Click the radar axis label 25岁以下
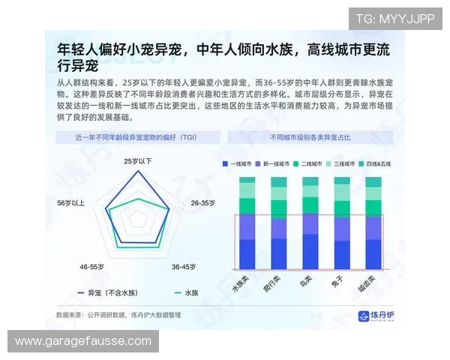[x=138, y=161]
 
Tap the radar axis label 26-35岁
[x=202, y=203]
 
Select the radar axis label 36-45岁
[x=184, y=266]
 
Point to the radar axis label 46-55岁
[x=92, y=266]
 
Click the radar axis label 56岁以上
[x=71, y=203]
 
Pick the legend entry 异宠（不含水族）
[x=104, y=293]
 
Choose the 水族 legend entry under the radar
[x=187, y=293]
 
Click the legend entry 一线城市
[x=238, y=163]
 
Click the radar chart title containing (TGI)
[x=139, y=138]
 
